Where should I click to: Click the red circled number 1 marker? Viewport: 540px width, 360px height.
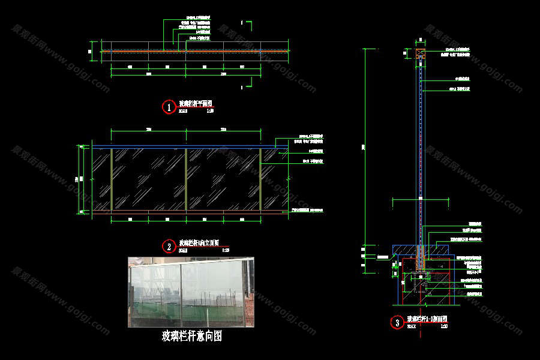tap(169, 107)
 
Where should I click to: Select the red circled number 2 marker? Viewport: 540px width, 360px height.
tap(169, 246)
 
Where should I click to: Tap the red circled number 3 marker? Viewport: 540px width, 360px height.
tap(397, 323)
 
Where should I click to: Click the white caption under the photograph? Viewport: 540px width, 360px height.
tap(192, 336)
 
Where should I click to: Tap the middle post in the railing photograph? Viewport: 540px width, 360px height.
tap(180, 292)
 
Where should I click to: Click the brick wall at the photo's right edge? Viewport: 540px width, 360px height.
tap(249, 292)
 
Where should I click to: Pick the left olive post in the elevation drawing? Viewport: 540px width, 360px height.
tap(112, 179)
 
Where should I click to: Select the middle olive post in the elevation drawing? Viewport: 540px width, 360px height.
tap(186, 179)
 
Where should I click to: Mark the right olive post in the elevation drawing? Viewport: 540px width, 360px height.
tap(260, 179)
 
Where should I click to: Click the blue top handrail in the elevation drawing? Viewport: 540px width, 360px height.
tap(180, 146)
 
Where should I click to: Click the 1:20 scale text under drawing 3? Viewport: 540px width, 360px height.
tap(444, 326)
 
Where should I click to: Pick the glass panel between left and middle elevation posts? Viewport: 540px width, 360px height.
tap(149, 179)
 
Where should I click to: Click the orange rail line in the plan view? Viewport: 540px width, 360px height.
tap(180, 52)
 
